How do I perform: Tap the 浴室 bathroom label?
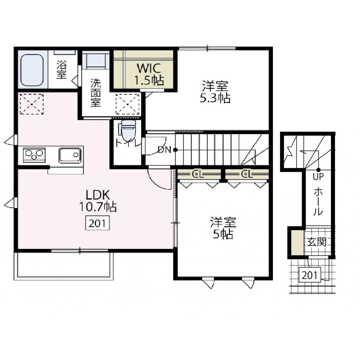[62, 70]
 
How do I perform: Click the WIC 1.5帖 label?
[150, 74]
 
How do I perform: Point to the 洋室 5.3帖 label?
[215, 92]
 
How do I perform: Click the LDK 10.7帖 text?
[98, 201]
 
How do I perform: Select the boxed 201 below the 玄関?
[309, 275]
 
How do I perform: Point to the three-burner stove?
[34, 155]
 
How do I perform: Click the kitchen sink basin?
[70, 155]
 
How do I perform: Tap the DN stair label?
[164, 150]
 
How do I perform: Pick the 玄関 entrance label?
[317, 242]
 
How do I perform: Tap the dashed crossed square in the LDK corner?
[31, 104]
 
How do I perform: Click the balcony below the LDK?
[64, 266]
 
